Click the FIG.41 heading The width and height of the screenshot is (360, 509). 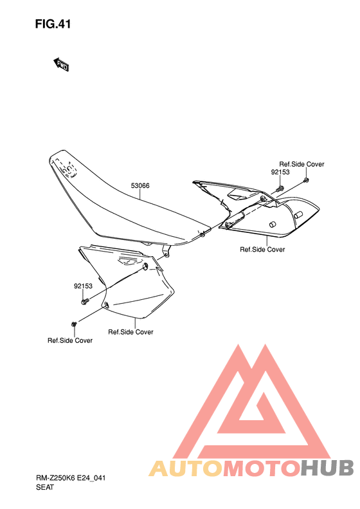click(x=53, y=24)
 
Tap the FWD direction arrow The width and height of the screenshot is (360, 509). click(x=60, y=64)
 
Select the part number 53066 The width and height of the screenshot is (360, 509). click(x=140, y=186)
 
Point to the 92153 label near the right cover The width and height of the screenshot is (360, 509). click(x=280, y=172)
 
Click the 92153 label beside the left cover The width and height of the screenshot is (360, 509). click(x=83, y=286)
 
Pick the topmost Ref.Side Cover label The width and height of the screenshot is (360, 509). click(x=301, y=164)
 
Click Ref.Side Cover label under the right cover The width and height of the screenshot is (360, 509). click(x=262, y=249)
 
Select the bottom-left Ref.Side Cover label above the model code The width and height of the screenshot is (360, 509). click(x=70, y=340)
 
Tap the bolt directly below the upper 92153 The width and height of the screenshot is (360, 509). click(x=280, y=189)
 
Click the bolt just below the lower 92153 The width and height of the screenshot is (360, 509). click(x=85, y=302)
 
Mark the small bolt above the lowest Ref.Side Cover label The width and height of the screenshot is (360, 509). click(x=74, y=324)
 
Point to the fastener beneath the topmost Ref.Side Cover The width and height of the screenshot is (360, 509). click(x=306, y=180)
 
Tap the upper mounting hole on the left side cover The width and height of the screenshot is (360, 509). click(x=146, y=266)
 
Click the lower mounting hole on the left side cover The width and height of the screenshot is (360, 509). click(x=105, y=304)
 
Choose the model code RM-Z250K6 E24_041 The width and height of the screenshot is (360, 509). click(x=71, y=478)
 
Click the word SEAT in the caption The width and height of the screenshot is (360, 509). click(x=45, y=487)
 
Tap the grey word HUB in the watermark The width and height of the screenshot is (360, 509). click(x=327, y=468)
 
